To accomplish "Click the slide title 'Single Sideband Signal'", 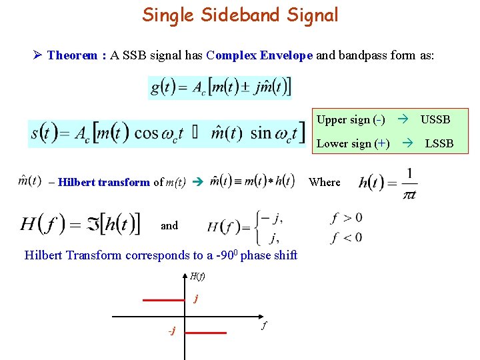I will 240,15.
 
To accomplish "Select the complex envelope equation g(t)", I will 220,87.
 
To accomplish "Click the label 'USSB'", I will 435,119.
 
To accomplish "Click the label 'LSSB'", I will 439,143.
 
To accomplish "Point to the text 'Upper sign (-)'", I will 351,119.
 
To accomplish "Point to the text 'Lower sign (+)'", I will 353,143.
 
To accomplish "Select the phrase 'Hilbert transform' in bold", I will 103,182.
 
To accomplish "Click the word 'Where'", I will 325,182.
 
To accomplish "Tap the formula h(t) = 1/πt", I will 390,183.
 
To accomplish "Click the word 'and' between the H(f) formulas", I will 169,225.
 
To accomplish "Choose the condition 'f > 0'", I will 346,217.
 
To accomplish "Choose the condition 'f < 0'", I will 346,237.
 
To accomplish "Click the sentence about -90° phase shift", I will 161,255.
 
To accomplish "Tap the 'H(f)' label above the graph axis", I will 197,276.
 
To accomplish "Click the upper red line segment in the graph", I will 164,300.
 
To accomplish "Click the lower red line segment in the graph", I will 206,332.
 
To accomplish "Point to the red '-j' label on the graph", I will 171,331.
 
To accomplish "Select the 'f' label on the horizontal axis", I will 264,326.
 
